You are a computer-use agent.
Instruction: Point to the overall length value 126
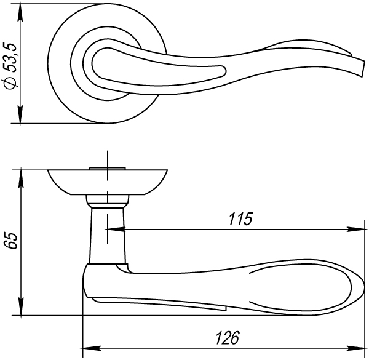(227, 337)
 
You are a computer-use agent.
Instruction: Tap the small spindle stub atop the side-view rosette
(108, 166)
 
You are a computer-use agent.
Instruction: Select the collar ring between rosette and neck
(108, 199)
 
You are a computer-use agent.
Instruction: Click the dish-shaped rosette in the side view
(108, 181)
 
